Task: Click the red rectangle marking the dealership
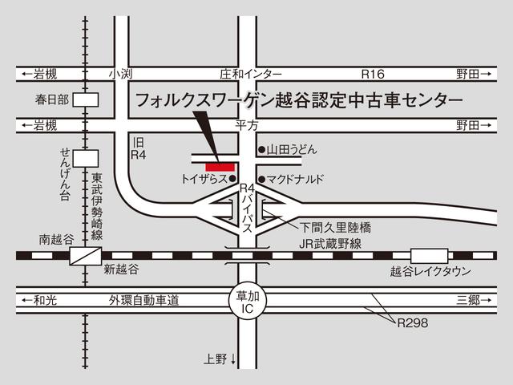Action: click(x=221, y=166)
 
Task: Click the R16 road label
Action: click(x=374, y=74)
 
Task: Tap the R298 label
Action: click(x=412, y=323)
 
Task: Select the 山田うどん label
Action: click(x=293, y=149)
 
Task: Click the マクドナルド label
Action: click(x=296, y=179)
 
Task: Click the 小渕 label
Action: click(x=121, y=74)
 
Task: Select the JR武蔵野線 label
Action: click(x=331, y=243)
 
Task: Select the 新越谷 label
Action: click(x=121, y=269)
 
